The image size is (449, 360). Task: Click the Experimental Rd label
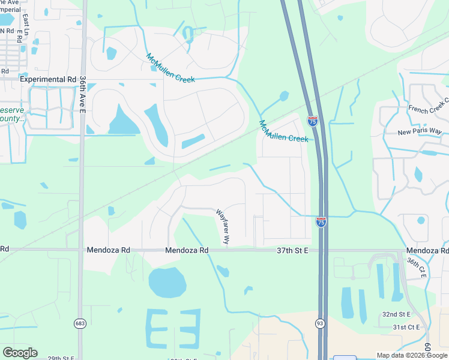pos(49,79)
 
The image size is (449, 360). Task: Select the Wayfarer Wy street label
pos(223,226)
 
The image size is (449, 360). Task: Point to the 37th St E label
pos(293,250)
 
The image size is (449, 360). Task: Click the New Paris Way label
pos(420,132)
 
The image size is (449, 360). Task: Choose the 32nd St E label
pos(396,314)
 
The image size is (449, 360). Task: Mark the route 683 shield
pos(80,323)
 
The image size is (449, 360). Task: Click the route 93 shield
pos(321,323)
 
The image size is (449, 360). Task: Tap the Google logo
pos(20,352)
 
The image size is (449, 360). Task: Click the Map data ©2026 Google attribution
pos(412,355)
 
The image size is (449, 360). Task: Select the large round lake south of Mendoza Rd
pos(167,282)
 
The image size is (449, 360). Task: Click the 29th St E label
pos(60,358)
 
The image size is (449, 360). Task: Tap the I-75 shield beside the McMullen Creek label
pos(312,121)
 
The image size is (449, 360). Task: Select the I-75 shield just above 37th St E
pos(321,222)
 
